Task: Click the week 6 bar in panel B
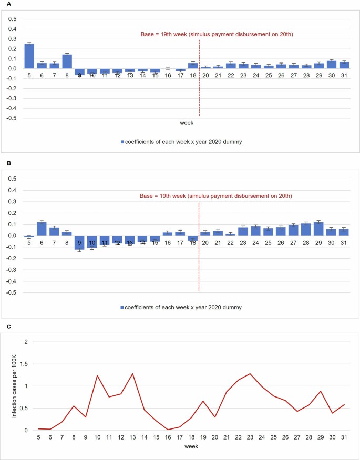[x=42, y=229]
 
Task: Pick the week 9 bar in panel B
[x=79, y=242]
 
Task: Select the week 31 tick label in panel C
[x=343, y=437]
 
